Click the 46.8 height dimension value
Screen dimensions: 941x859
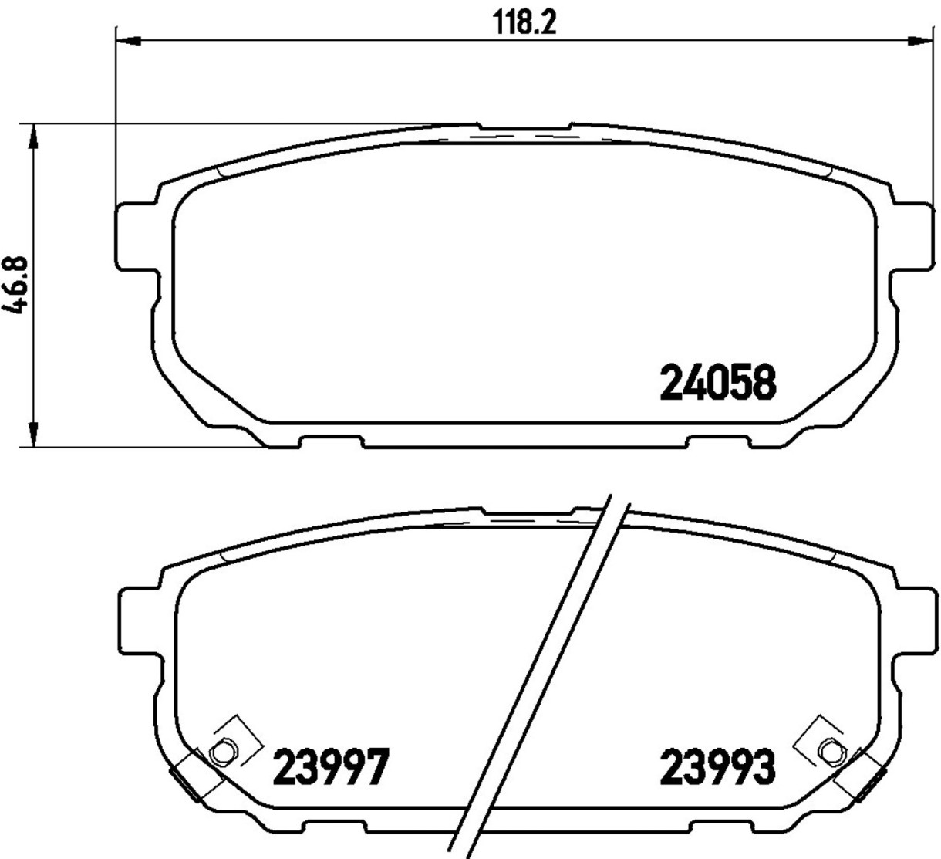click(16, 286)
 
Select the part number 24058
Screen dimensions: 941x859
click(718, 384)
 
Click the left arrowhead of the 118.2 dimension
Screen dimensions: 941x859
click(128, 42)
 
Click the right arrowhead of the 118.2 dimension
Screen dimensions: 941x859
click(919, 42)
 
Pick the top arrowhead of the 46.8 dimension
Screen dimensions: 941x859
click(33, 138)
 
